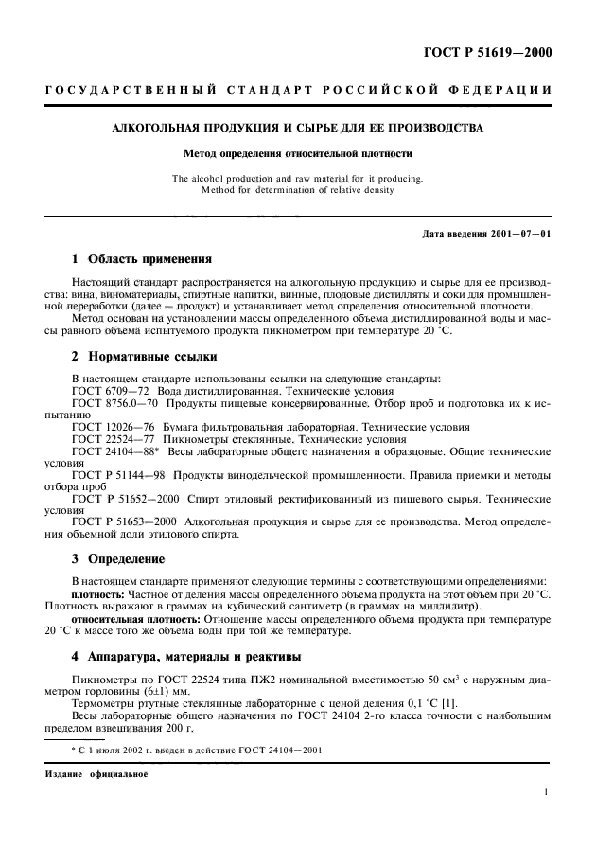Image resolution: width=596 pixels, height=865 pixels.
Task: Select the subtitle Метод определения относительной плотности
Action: tap(297, 152)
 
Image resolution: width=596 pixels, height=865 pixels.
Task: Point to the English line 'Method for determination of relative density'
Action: tap(297, 189)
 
